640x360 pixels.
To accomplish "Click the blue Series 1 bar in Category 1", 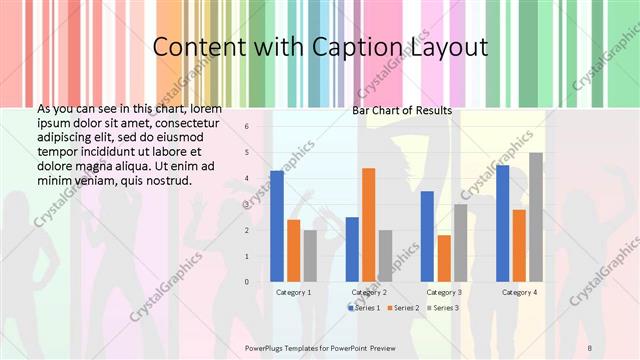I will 277,226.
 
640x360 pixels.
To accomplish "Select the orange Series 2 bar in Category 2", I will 368,225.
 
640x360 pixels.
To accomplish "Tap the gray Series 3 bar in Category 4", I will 536,217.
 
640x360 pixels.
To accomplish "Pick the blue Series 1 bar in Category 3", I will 427,236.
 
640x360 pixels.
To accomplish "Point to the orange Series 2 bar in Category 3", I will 443,258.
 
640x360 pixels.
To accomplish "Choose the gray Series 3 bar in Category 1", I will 310,256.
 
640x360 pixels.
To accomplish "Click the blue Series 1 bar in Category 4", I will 502,223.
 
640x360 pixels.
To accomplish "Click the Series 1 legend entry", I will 364,307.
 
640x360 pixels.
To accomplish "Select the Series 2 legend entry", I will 402,307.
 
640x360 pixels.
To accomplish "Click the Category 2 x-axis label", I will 369,292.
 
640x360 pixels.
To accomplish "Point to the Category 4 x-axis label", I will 519,292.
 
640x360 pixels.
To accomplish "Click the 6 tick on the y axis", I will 246,127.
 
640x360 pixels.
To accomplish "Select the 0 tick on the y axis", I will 246,281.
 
